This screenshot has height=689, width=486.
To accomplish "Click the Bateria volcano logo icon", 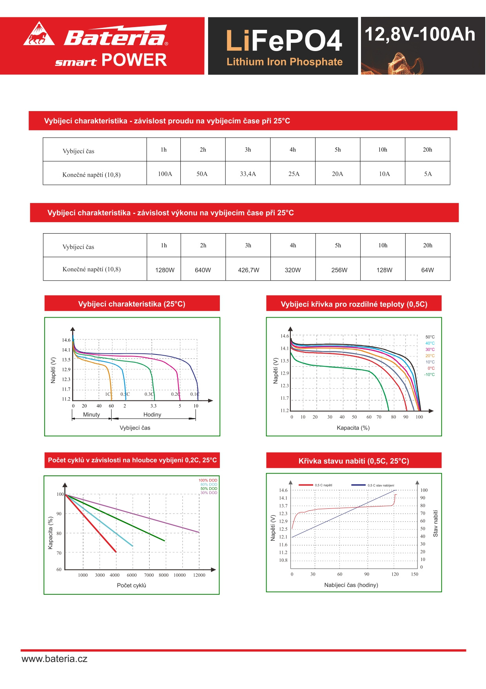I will tap(39, 34).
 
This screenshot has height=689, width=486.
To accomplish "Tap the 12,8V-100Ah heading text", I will tap(420, 35).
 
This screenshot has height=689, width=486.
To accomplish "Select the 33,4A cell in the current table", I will tap(248, 174).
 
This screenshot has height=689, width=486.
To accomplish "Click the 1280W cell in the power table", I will tap(165, 270).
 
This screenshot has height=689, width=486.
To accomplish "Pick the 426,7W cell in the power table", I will tap(248, 270).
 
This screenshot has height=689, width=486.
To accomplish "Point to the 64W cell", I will tap(427, 270).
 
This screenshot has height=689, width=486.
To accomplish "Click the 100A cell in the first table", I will tap(165, 174).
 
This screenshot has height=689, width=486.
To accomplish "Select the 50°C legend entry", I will tap(430, 337).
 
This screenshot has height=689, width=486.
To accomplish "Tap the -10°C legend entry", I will tap(429, 375).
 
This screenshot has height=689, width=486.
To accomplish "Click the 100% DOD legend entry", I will tap(208, 480).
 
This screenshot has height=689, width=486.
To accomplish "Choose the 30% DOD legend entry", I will tap(209, 493).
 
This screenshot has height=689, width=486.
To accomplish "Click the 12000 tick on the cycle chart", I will tap(199, 575).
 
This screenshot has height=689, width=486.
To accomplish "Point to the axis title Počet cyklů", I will tap(131, 585).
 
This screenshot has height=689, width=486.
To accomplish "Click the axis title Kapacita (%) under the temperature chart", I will tap(353, 428).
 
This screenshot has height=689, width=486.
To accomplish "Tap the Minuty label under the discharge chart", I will tap(91, 415).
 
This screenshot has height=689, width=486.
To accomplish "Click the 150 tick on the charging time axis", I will tap(414, 574).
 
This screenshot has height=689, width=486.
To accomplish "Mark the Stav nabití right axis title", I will tap(435, 523).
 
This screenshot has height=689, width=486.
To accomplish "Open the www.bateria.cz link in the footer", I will tap(54, 659).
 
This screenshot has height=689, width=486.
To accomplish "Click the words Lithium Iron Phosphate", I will tap(285, 62).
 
